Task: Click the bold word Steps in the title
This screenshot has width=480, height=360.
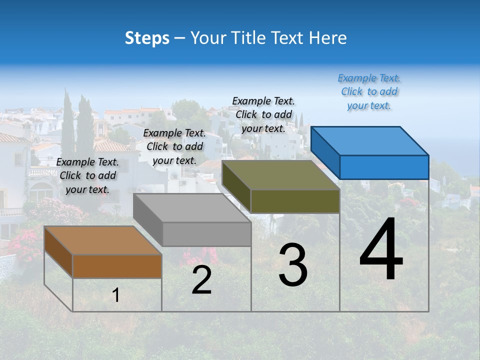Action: pyautogui.click(x=147, y=38)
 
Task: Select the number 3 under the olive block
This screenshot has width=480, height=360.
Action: pyautogui.click(x=293, y=265)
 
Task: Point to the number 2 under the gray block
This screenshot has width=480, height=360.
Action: pyautogui.click(x=201, y=280)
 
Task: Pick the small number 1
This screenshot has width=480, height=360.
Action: pyautogui.click(x=116, y=295)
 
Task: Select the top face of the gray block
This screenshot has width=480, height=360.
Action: pyautogui.click(x=192, y=208)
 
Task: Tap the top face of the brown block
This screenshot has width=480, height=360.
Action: pyautogui.click(x=103, y=240)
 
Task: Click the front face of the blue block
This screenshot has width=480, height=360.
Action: pyautogui.click(x=384, y=167)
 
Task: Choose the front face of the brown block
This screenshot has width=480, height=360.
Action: pyautogui.click(x=117, y=266)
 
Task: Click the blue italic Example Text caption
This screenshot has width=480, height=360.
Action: pyautogui.click(x=369, y=91)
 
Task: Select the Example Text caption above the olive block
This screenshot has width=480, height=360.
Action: pyautogui.click(x=263, y=114)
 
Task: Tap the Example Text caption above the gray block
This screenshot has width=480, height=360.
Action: pyautogui.click(x=174, y=146)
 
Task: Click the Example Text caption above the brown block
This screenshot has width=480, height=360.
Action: pyautogui.click(x=87, y=175)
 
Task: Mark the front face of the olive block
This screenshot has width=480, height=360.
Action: pyautogui.click(x=295, y=201)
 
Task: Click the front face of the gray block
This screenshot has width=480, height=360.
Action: pyautogui.click(x=206, y=234)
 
